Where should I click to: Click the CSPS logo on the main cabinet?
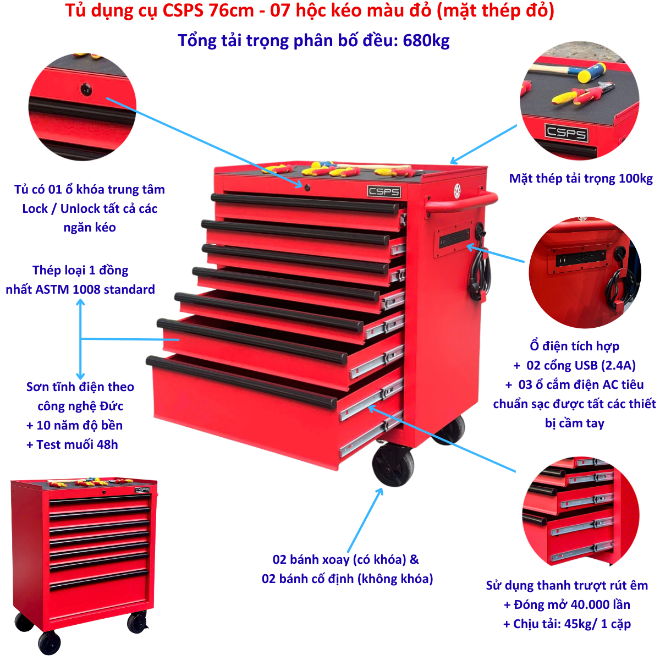[383, 191]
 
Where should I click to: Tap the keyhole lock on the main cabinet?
[307, 188]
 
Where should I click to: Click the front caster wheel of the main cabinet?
[393, 465]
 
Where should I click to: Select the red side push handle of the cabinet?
[461, 203]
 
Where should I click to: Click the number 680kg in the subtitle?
[426, 40]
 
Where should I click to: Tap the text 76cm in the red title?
[231, 11]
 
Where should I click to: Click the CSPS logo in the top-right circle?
[566, 133]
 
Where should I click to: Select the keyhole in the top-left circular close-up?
[86, 90]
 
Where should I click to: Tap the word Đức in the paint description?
[111, 406]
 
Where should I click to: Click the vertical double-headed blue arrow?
[80, 339]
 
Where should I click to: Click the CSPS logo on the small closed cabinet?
[142, 490]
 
